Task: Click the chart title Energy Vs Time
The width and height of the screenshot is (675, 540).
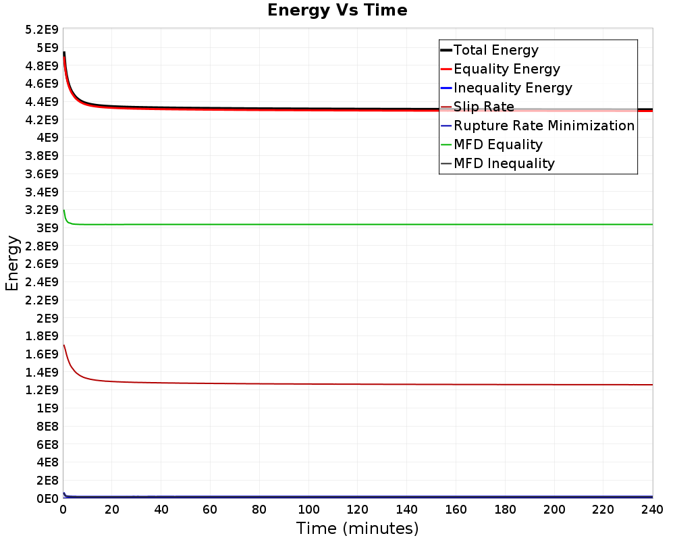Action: [x=337, y=10]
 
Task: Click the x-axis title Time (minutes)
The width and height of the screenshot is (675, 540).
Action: [x=357, y=528]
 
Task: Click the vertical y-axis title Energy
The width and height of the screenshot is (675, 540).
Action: [x=12, y=263]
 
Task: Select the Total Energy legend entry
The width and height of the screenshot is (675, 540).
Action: [x=489, y=50]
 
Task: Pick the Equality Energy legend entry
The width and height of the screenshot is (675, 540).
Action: [x=500, y=69]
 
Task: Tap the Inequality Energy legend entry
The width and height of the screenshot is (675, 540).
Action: [x=506, y=88]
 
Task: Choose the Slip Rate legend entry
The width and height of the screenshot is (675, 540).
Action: [x=477, y=107]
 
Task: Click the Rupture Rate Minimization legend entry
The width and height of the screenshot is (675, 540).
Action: [x=538, y=126]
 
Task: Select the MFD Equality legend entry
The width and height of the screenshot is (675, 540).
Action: [x=491, y=144]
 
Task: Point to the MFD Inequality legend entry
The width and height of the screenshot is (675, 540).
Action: [x=497, y=163]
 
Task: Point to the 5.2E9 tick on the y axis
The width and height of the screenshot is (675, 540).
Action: [x=41, y=30]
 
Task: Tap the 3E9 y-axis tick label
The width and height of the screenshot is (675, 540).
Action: [x=47, y=227]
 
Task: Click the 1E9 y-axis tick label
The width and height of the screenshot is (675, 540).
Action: [x=47, y=408]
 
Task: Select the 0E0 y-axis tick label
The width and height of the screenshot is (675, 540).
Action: [x=47, y=498]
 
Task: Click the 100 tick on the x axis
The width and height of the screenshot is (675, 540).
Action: [x=308, y=510]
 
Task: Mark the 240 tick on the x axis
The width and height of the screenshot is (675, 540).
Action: [x=653, y=510]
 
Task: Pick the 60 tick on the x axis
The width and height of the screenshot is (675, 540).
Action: [x=210, y=510]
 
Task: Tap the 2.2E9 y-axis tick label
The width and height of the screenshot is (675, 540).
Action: [x=41, y=300]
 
